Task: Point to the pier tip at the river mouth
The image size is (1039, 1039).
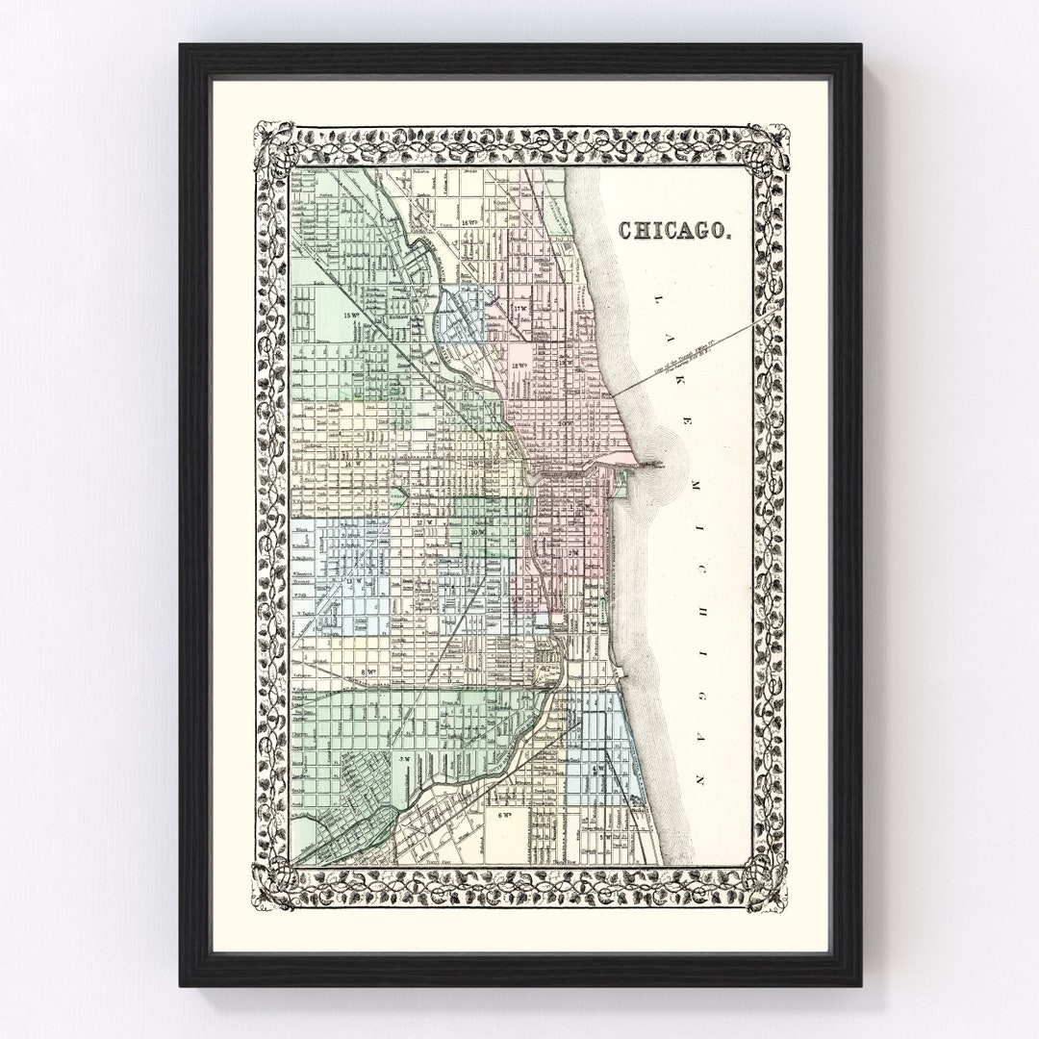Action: click(x=660, y=464)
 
